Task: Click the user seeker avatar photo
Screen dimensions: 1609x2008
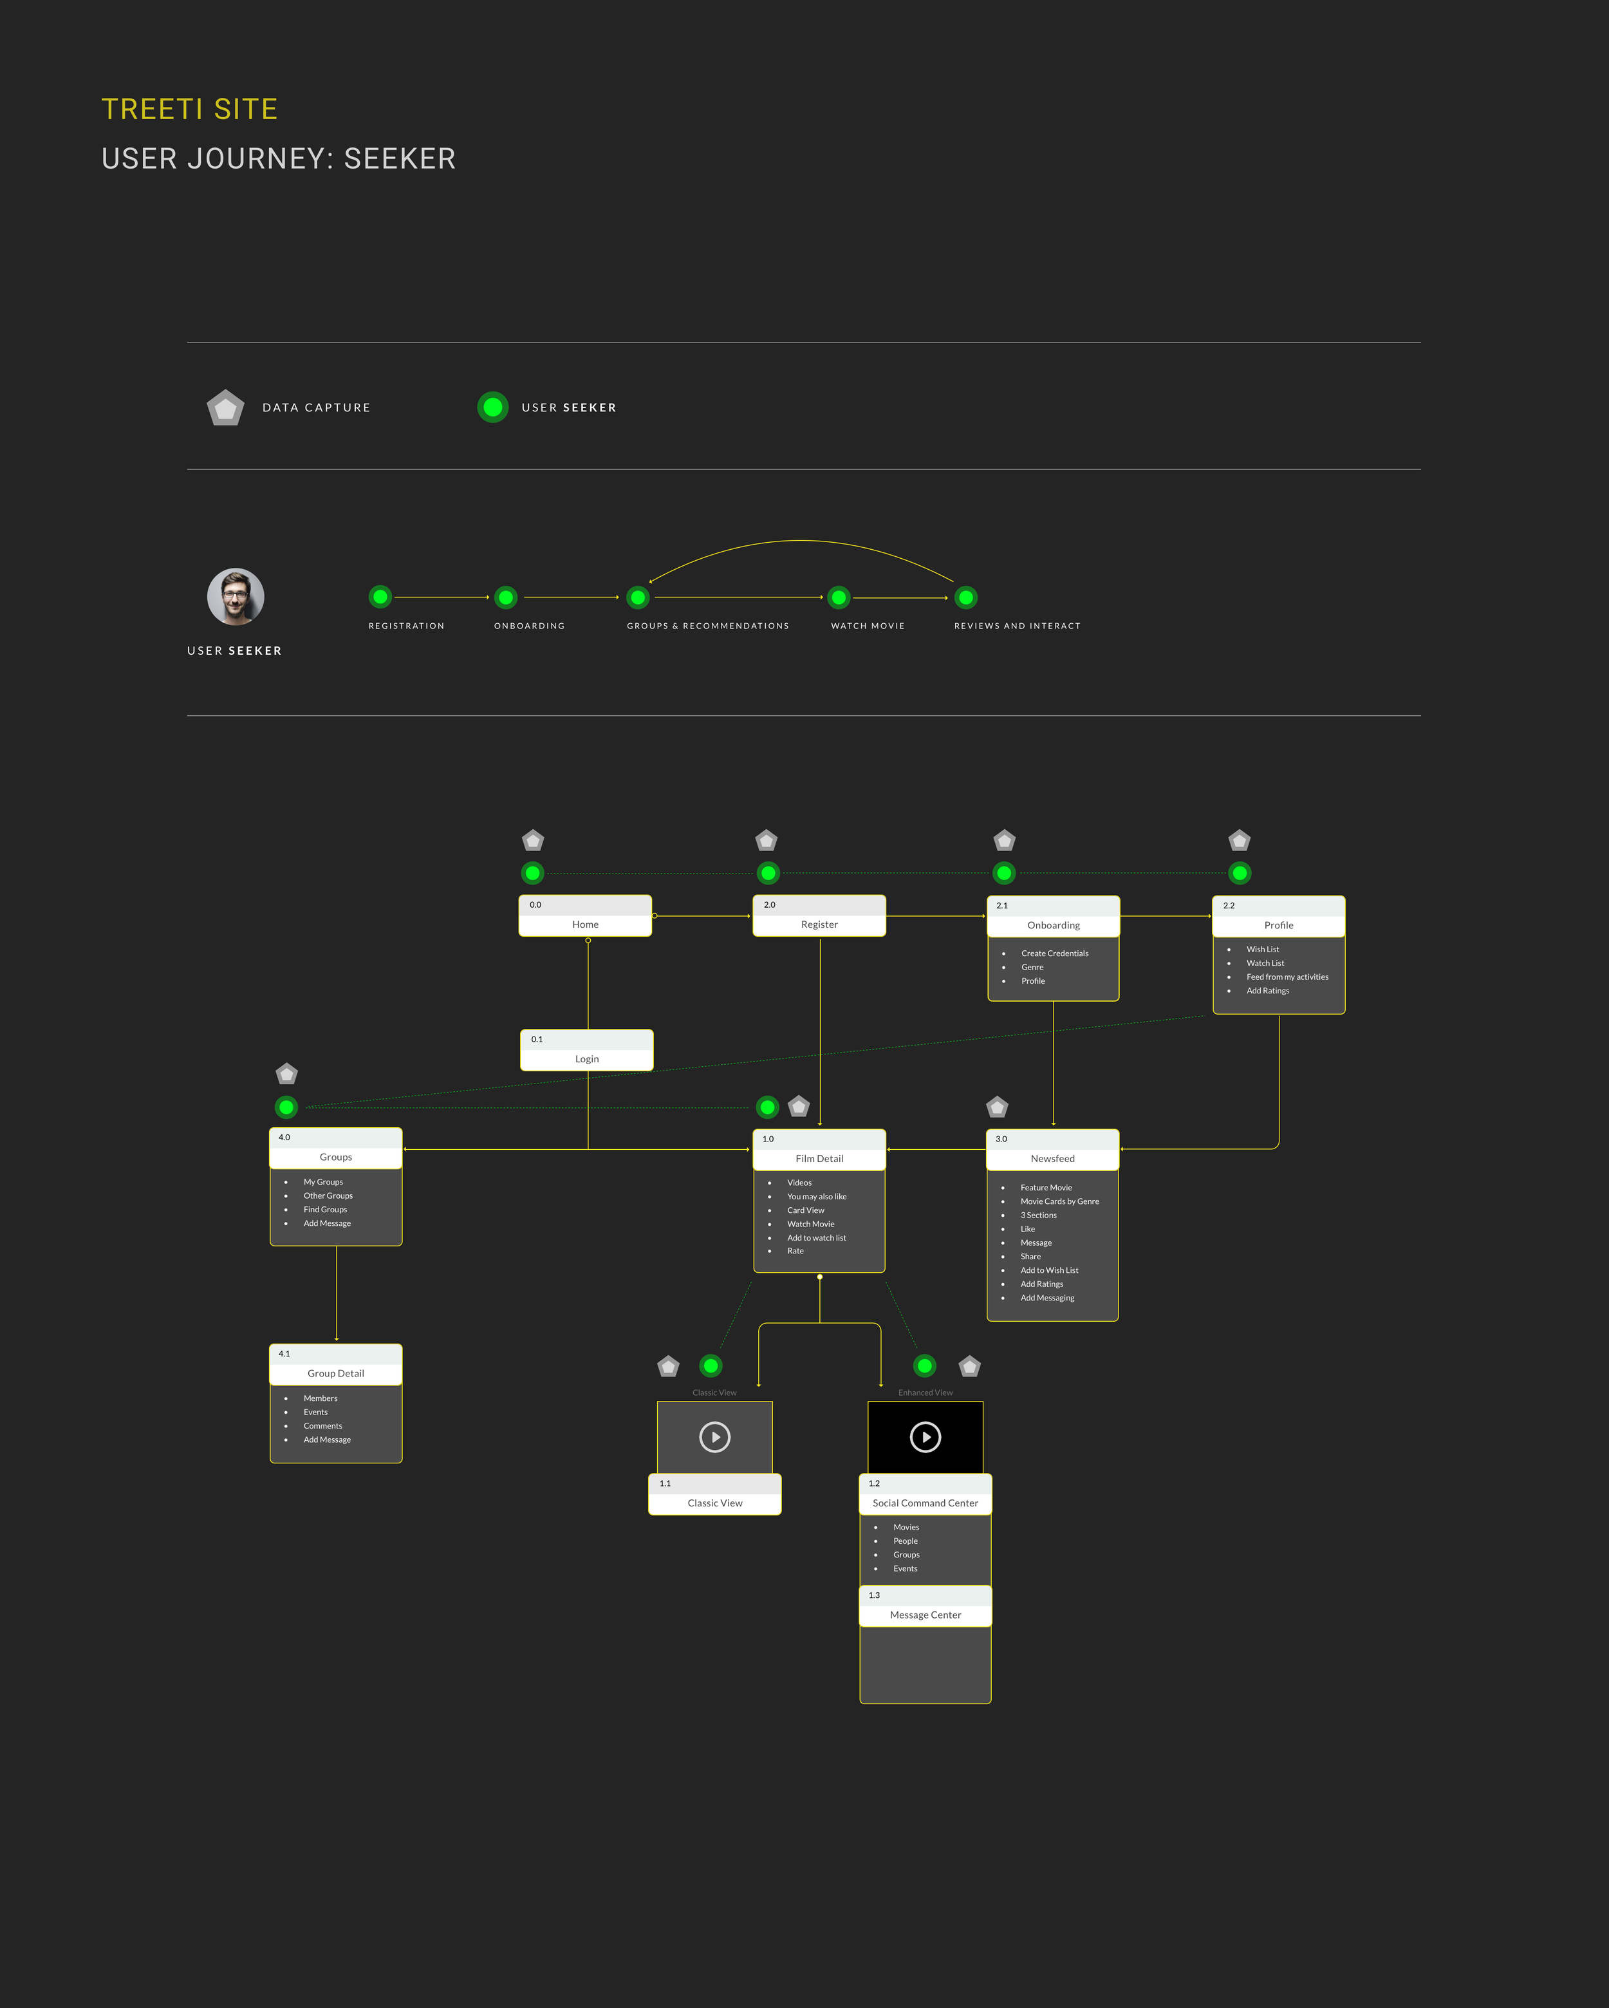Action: tap(236, 597)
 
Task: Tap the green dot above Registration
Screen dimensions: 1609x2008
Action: tap(380, 597)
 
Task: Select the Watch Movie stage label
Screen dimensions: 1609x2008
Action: tap(868, 626)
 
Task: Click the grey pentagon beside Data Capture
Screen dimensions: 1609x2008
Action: tap(225, 408)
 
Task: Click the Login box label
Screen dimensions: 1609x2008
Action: tap(586, 1059)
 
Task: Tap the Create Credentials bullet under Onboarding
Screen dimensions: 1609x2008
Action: tap(1054, 953)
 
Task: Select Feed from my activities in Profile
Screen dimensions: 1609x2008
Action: tap(1287, 977)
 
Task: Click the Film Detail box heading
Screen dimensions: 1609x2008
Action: tap(819, 1159)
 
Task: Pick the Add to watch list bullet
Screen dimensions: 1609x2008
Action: tap(817, 1238)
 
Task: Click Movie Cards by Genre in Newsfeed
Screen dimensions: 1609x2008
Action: tap(1059, 1201)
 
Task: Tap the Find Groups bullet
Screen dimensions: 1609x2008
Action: tap(325, 1210)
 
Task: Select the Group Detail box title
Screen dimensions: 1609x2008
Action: tap(336, 1374)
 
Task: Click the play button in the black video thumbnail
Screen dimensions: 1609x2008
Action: tap(925, 1437)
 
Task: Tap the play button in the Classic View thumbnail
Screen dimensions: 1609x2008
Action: tap(715, 1437)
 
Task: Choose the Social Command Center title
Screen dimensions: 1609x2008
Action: tap(925, 1503)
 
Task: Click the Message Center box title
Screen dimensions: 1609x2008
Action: tap(925, 1615)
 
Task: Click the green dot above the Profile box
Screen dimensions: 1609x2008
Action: tap(1240, 874)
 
